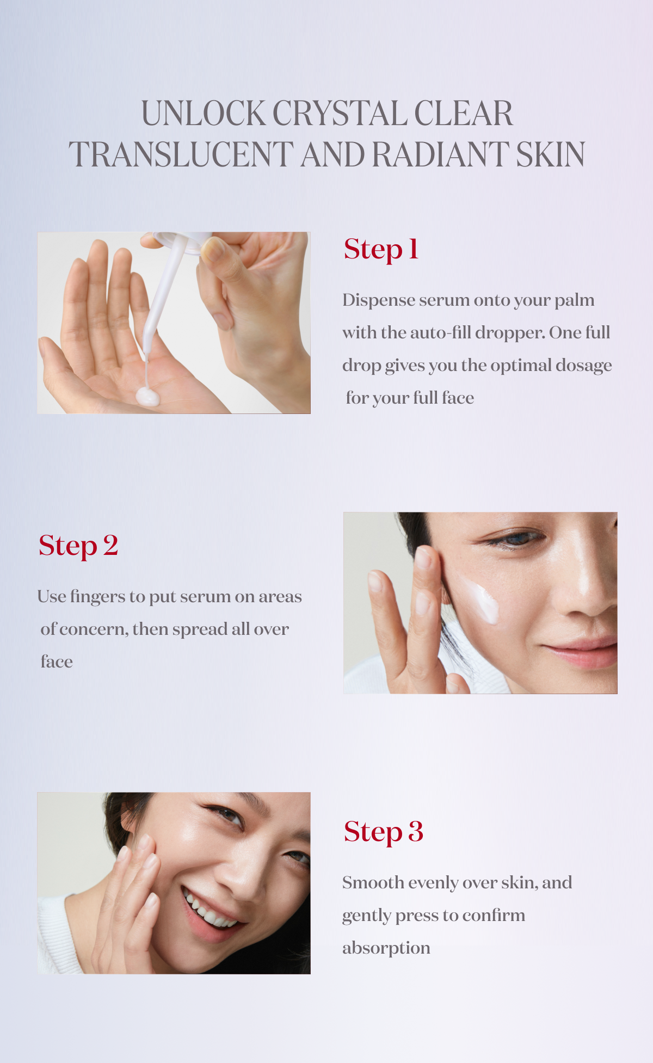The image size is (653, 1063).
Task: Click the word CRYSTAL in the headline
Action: [x=340, y=114]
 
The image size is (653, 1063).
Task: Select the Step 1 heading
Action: [x=381, y=250]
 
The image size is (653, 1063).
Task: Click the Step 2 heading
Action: [x=78, y=546]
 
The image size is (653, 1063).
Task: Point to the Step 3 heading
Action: [x=383, y=832]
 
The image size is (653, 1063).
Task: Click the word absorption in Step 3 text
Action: [x=386, y=948]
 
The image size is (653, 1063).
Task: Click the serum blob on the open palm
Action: [x=147, y=397]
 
